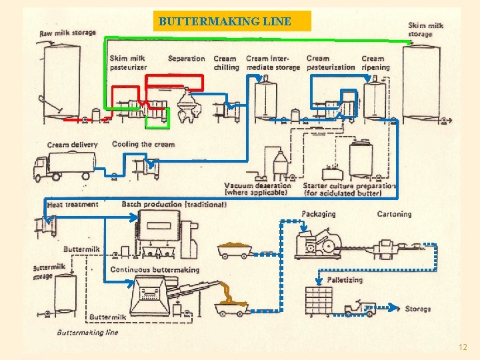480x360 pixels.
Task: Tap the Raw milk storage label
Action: click(x=67, y=33)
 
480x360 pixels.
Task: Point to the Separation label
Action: click(x=186, y=59)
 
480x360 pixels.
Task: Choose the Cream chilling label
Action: click(x=226, y=63)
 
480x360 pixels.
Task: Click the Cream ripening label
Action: click(x=375, y=63)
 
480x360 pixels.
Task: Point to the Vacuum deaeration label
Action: click(x=257, y=189)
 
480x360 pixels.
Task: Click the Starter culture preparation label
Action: click(x=348, y=189)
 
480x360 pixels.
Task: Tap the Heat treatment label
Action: click(x=73, y=205)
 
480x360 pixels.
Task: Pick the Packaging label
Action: click(x=318, y=214)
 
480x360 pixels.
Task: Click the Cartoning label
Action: click(x=394, y=214)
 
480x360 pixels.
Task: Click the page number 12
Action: click(x=463, y=347)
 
